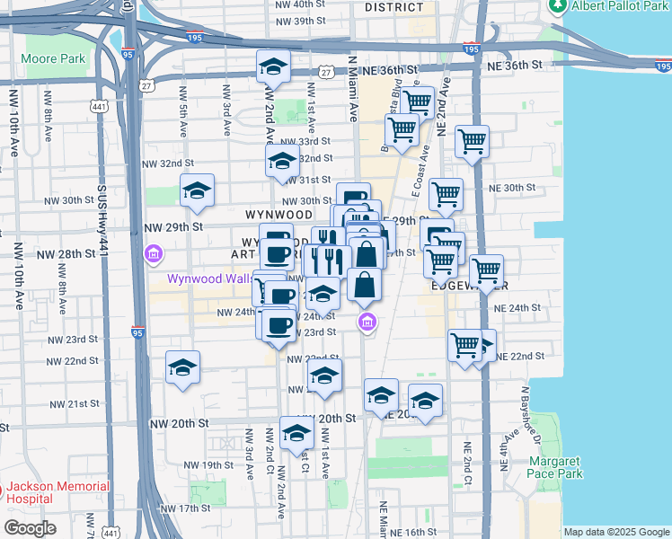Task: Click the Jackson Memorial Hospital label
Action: (58, 493)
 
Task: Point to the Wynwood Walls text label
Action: (203, 279)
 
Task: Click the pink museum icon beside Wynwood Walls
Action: (153, 255)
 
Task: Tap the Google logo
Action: (30, 528)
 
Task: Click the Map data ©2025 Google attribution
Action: (616, 532)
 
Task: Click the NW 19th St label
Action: (205, 464)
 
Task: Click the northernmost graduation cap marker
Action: (273, 66)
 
